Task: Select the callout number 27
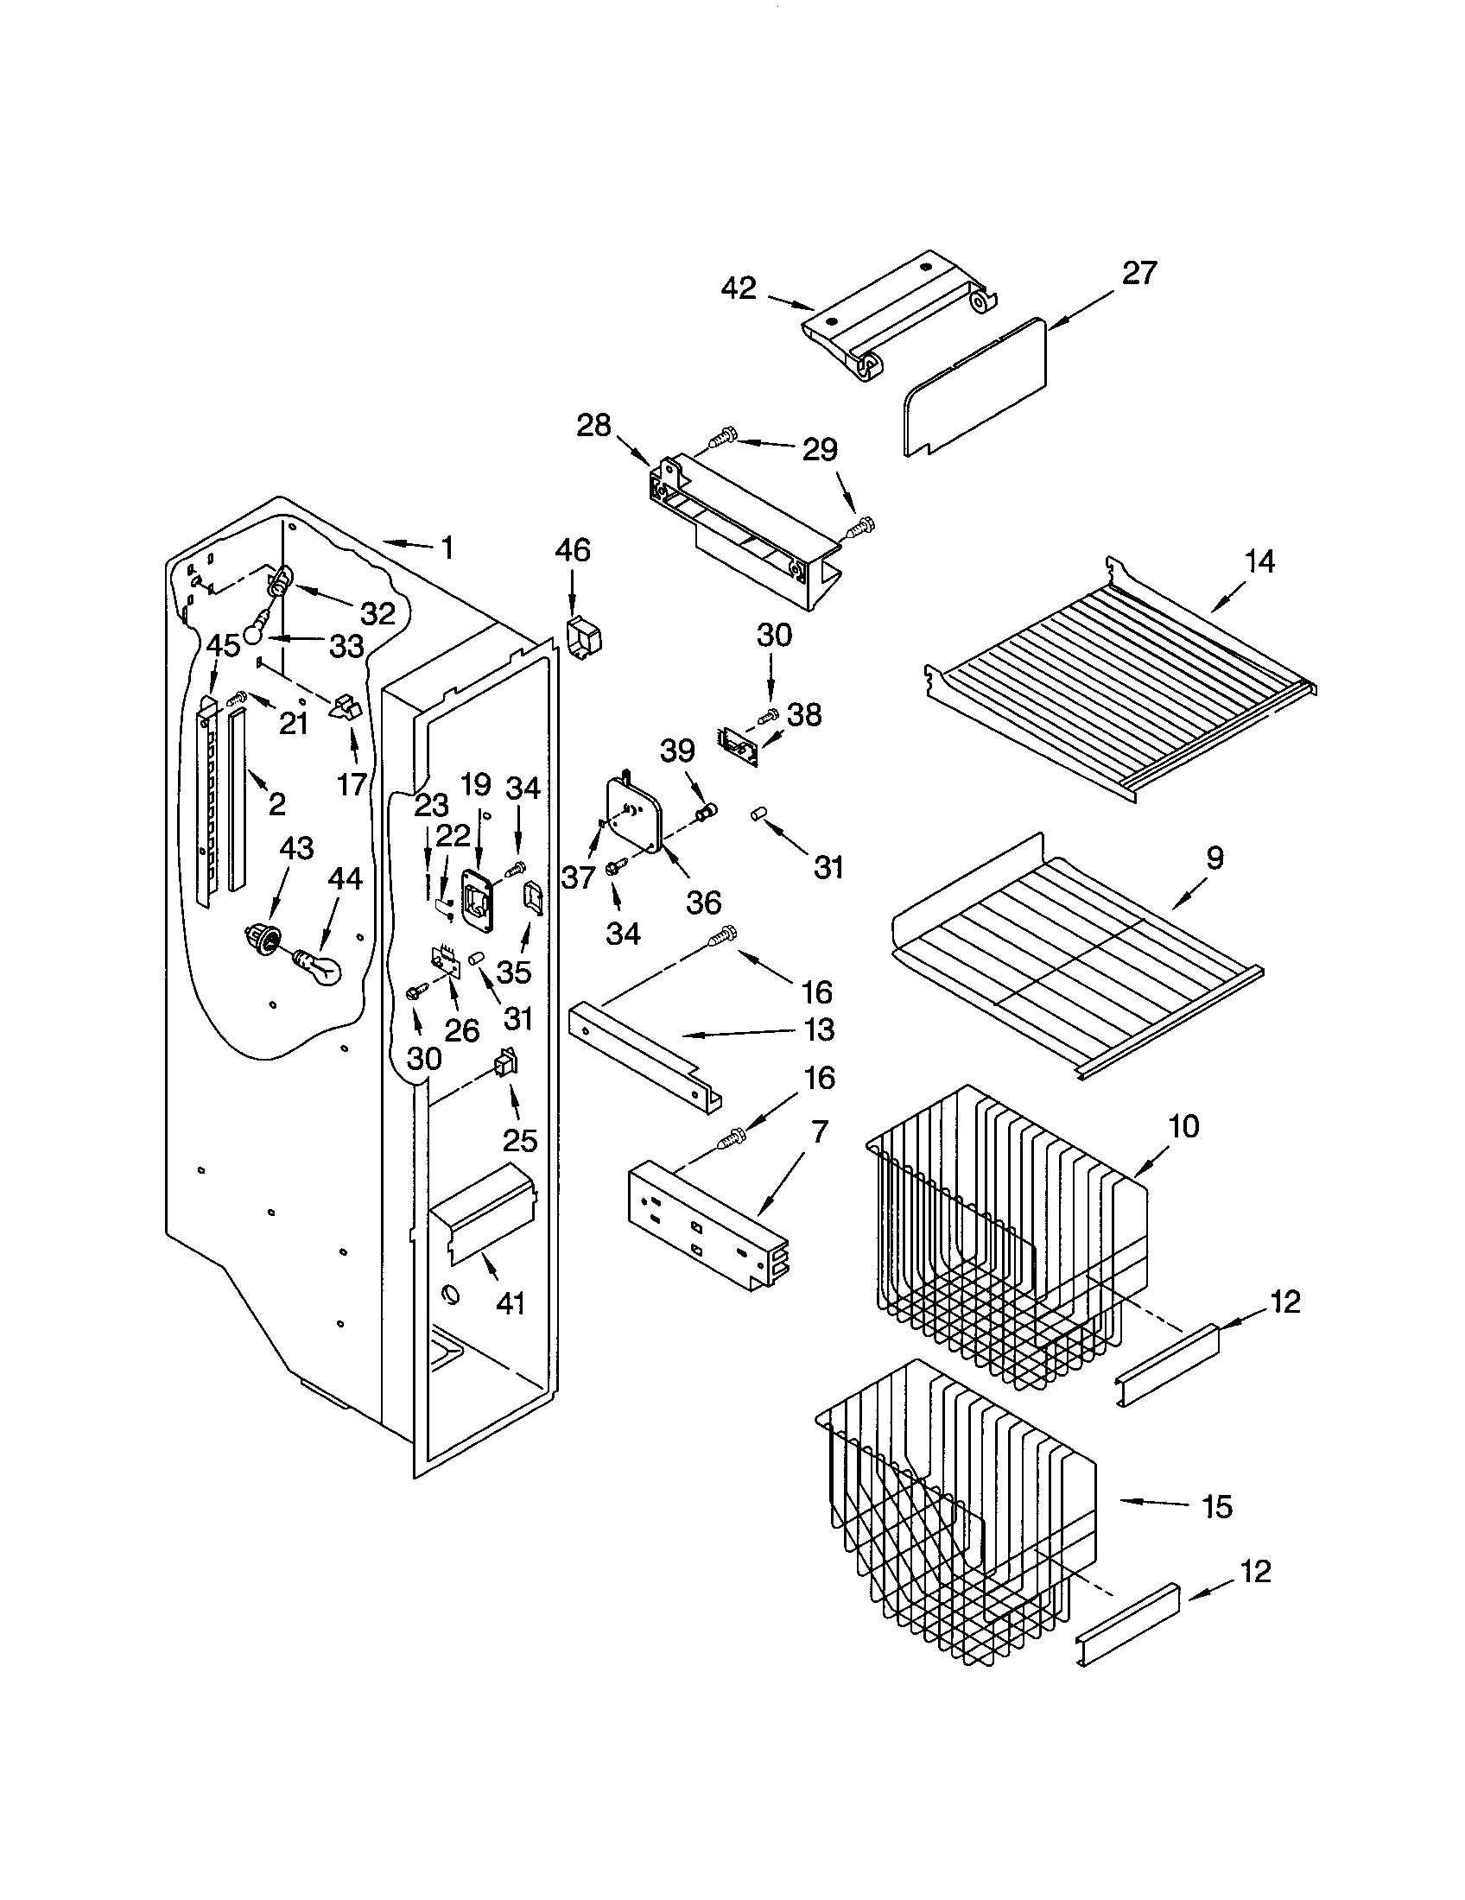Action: (1138, 273)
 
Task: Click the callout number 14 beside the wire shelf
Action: (1259, 562)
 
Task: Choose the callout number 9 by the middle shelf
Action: (1214, 858)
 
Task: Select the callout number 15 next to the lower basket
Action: (1216, 1506)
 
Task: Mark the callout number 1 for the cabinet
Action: (447, 548)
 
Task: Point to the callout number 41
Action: (511, 1303)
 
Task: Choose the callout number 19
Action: (476, 785)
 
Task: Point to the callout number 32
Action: (378, 613)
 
